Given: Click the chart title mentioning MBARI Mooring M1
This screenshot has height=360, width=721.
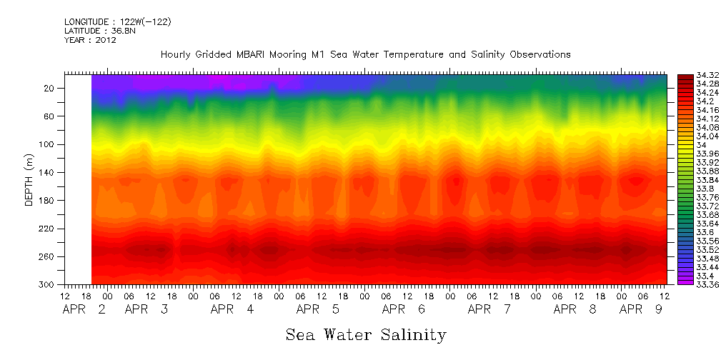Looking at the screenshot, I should coord(365,55).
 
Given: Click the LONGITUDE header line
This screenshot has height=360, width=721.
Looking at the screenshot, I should coord(117,22).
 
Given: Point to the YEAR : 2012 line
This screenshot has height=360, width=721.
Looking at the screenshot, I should coord(90,40).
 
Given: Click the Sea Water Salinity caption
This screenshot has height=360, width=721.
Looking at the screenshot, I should coord(366,334).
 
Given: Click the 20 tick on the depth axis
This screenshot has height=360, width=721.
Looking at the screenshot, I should coord(50,89).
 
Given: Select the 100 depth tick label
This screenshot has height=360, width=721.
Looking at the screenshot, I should coord(48,144).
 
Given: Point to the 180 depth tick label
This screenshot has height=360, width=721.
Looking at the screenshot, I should coord(48,201).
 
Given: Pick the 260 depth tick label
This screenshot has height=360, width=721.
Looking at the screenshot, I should coord(48,256).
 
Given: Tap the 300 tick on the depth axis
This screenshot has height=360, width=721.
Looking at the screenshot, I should coord(48,284).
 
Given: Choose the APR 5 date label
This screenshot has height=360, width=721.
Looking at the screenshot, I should coord(319,310).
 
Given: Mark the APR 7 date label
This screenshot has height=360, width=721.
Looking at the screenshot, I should coord(489,310).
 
